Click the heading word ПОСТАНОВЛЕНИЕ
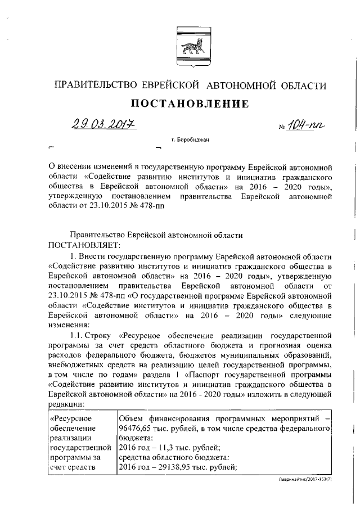[190, 103]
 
